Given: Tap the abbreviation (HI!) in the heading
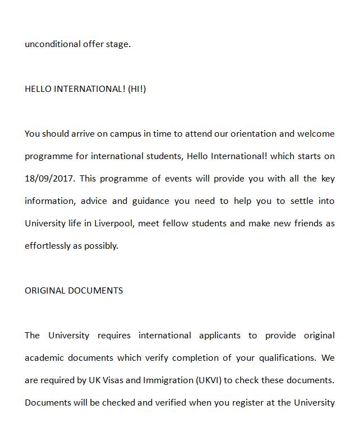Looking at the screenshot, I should pos(137,89).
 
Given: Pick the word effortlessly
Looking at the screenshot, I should pos(47,246).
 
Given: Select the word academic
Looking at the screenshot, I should pos(45,358).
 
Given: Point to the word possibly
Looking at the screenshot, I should pos(101,246).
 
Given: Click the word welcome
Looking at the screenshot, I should pos(315,134).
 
